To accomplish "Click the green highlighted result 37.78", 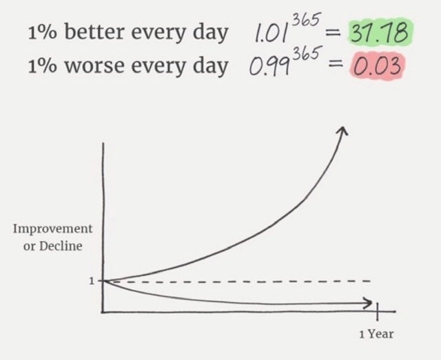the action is [x=380, y=33].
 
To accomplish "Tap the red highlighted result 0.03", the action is [x=377, y=66].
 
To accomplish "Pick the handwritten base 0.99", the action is [x=269, y=66].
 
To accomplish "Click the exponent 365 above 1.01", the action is [x=306, y=20].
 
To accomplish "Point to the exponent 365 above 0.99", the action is [x=307, y=54].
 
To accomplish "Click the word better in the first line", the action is [x=94, y=32].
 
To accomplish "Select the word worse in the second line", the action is [x=94, y=66].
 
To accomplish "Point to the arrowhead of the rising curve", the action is [x=343, y=130].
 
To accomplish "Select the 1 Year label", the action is [x=376, y=334].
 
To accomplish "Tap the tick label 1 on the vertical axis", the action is [x=92, y=281].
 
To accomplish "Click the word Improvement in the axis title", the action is [x=52, y=229].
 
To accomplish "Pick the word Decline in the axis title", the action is [x=61, y=246].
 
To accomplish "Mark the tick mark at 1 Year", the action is [x=377, y=311].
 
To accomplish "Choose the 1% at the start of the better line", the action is [x=42, y=33].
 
